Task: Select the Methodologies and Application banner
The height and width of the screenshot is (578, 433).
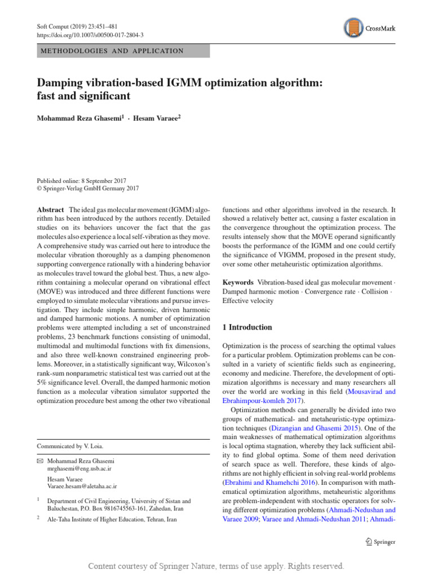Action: tap(123, 51)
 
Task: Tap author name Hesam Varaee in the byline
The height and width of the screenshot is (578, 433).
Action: tap(159, 119)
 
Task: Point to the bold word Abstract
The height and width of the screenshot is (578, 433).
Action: tap(51, 208)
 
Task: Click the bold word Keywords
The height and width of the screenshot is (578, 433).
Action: tap(238, 282)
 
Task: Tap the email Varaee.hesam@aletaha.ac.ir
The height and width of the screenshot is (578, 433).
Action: tap(82, 485)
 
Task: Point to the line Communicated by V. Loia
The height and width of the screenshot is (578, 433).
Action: tap(70, 446)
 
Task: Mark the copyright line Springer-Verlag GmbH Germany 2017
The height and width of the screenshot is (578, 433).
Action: tap(87, 189)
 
